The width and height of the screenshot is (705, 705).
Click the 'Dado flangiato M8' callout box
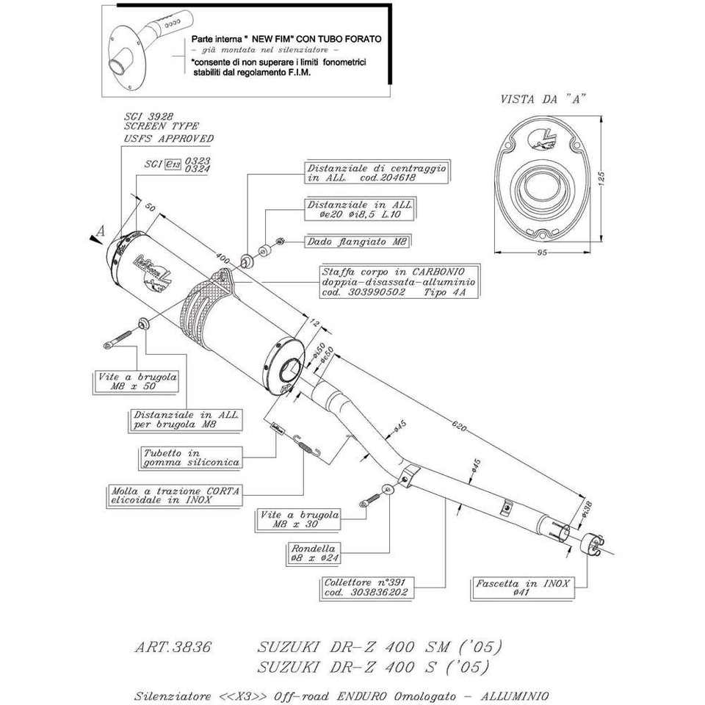pyautogui.click(x=357, y=241)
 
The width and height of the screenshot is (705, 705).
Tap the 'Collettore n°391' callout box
pyautogui.click(x=366, y=585)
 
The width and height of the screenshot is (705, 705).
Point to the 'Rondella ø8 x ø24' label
pyautogui.click(x=314, y=553)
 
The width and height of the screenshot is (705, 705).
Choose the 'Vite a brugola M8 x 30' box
pyautogui.click(x=300, y=519)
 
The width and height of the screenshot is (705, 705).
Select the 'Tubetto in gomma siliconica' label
pyautogui.click(x=190, y=458)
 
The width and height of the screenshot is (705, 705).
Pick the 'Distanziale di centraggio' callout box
pyautogui.click(x=377, y=173)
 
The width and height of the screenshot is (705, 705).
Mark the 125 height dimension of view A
pyautogui.click(x=601, y=178)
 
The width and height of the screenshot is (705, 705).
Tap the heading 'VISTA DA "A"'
pyautogui.click(x=543, y=99)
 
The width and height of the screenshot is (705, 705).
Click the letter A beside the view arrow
pyautogui.click(x=101, y=230)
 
